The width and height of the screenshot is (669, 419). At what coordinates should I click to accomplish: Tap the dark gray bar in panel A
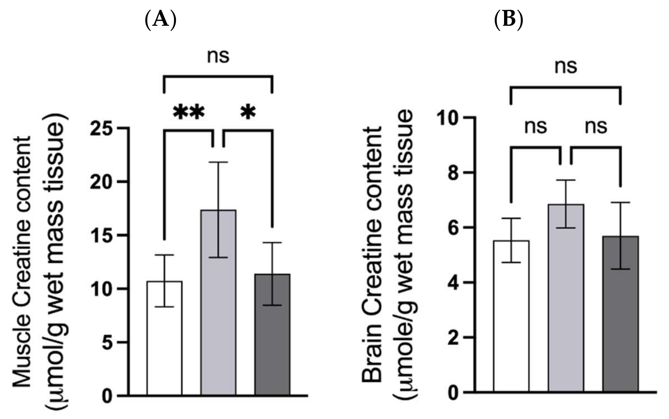click(273, 334)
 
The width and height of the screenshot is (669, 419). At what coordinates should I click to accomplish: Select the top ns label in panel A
click(218, 56)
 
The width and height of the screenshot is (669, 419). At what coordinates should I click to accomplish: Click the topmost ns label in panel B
click(566, 66)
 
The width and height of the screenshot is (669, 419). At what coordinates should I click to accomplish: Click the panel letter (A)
click(160, 20)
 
